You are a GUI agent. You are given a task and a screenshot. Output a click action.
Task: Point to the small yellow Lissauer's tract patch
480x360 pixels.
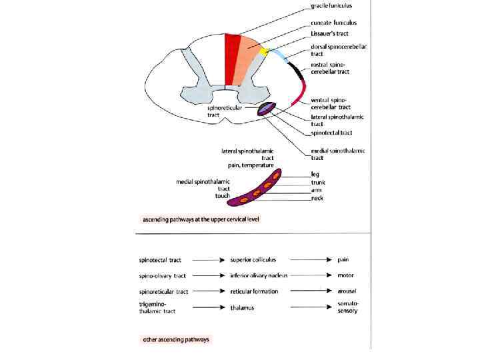265,51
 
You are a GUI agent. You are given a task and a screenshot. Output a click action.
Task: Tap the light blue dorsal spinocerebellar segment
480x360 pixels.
279,55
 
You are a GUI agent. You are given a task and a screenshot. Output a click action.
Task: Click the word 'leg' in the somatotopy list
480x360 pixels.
315,174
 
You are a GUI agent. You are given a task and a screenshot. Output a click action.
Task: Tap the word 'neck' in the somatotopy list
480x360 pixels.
317,199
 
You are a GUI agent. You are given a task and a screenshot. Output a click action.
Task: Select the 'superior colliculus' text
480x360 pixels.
253,259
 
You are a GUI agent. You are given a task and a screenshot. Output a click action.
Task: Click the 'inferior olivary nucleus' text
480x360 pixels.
259,275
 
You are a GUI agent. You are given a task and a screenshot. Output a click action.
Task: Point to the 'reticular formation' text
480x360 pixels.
254,291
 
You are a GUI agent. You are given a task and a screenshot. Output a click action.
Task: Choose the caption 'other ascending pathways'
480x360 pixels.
176,339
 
